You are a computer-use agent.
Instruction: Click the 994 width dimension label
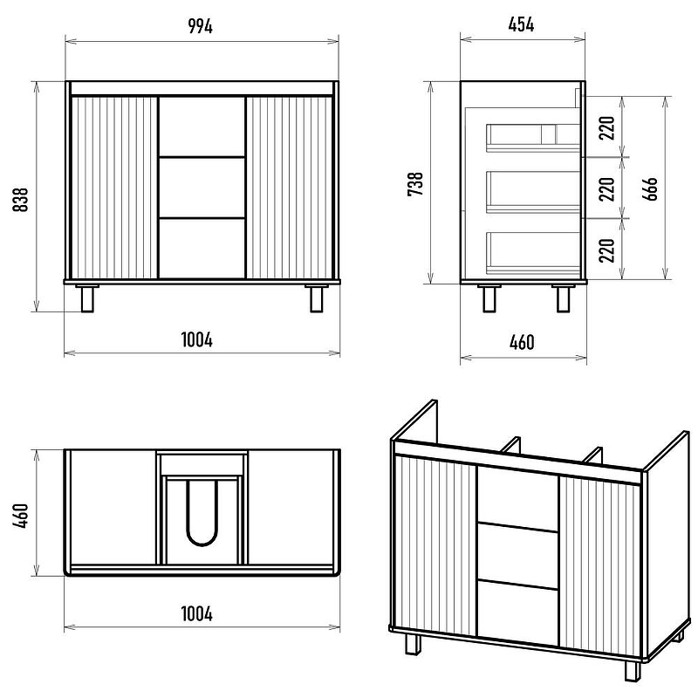pyautogui.click(x=201, y=26)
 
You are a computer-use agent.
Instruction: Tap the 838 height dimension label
pyautogui.click(x=20, y=200)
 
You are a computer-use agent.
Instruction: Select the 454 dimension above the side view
pyautogui.click(x=521, y=24)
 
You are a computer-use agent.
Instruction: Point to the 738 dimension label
pyautogui.click(x=415, y=184)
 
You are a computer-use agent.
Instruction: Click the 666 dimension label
pyautogui.click(x=650, y=188)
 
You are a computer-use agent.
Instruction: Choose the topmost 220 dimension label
pyautogui.click(x=607, y=127)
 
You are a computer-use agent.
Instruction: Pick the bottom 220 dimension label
pyautogui.click(x=607, y=250)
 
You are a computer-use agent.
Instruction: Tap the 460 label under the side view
pyautogui.click(x=522, y=342)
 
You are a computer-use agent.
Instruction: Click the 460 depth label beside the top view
pyautogui.click(x=20, y=516)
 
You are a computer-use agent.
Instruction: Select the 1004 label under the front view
pyautogui.click(x=197, y=340)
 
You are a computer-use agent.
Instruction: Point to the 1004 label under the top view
pyautogui.click(x=197, y=614)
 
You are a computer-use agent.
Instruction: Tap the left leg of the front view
pyautogui.click(x=87, y=298)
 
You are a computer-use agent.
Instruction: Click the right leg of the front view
pyautogui.click(x=317, y=298)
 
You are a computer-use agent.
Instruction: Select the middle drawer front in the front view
pyautogui.click(x=202, y=188)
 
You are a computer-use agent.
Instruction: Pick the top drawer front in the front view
pyautogui.click(x=202, y=127)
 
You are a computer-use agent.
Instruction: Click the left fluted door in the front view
pyautogui.click(x=115, y=188)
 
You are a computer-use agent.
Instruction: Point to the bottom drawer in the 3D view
pyautogui.click(x=517, y=612)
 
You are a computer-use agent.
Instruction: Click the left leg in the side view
pyautogui.click(x=489, y=298)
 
